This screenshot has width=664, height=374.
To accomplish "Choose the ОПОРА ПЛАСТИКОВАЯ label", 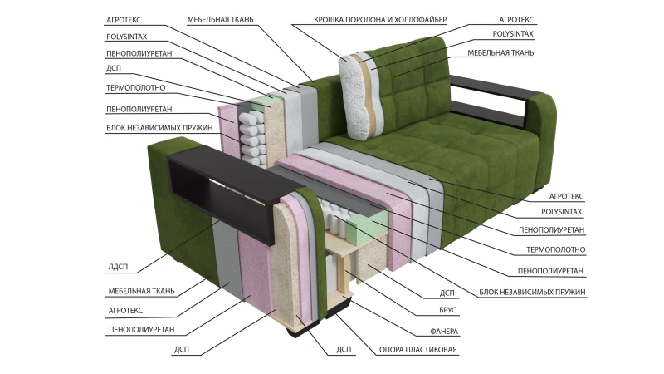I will click(x=417, y=350).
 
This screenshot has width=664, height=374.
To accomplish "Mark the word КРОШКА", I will click(x=329, y=18).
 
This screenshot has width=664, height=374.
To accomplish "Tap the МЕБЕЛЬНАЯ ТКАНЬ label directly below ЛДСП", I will click(x=140, y=291).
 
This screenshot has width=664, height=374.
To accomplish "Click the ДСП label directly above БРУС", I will click(x=446, y=293).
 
